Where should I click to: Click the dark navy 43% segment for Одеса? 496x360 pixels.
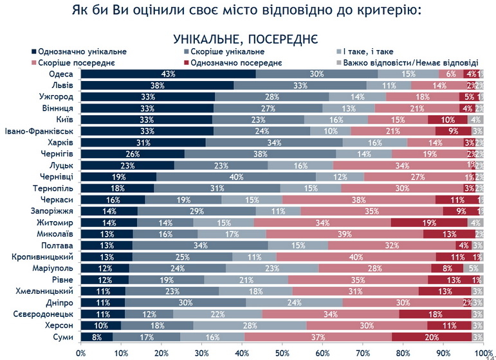tap(168, 74)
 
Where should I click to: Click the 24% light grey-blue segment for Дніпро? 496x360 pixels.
tap(294, 302)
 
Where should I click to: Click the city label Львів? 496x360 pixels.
tap(62, 85)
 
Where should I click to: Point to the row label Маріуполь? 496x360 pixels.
tap(54, 267)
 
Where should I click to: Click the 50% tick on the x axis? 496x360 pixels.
tap(282, 353)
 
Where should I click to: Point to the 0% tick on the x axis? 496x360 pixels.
tap(81, 353)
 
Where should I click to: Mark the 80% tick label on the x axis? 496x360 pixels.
tap(403, 353)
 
